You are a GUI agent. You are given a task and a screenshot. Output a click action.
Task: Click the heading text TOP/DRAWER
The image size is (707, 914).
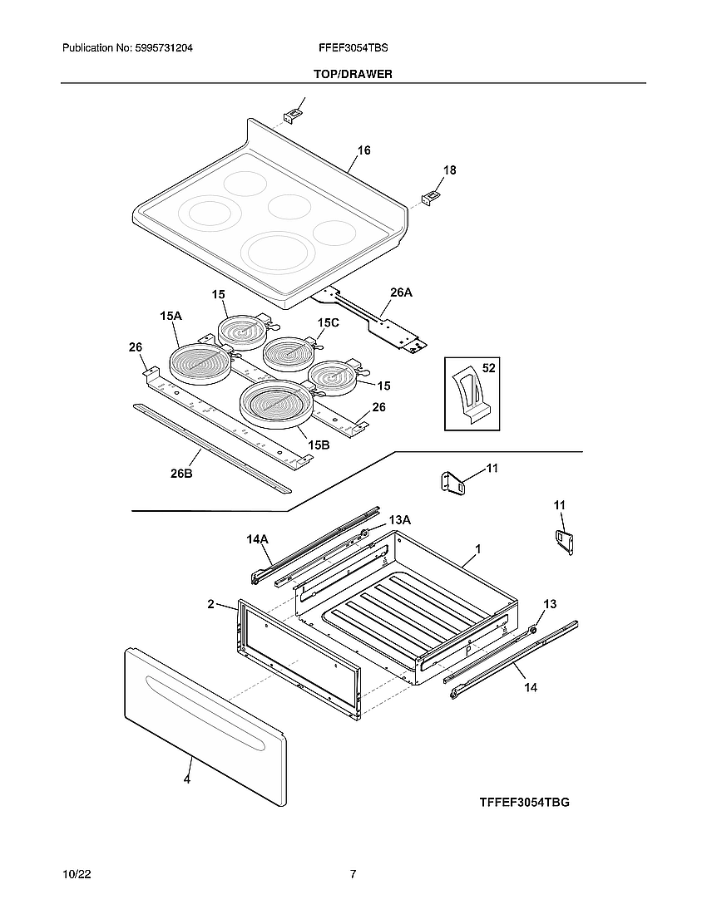(353, 74)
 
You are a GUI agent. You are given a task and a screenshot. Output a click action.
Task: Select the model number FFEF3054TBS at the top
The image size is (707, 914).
(353, 49)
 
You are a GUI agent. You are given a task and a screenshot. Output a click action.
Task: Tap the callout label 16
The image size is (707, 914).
(364, 150)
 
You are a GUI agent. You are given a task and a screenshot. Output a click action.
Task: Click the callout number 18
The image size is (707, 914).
(449, 170)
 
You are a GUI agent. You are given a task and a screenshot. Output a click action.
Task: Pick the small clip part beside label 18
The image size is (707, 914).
(431, 198)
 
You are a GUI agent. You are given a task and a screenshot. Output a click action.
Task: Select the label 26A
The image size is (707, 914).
(401, 292)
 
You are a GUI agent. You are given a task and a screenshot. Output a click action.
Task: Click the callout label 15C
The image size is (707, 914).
(328, 322)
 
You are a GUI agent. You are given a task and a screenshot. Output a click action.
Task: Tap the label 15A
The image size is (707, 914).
(171, 316)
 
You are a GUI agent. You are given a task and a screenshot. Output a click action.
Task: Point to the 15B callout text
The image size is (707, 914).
(319, 445)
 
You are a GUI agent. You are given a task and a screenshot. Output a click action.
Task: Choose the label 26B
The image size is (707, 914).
(181, 474)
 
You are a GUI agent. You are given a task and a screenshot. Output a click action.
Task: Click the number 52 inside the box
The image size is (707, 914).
(488, 366)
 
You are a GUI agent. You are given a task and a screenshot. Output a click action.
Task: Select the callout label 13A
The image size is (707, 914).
(400, 519)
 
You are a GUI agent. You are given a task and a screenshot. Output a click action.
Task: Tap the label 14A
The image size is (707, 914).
(257, 539)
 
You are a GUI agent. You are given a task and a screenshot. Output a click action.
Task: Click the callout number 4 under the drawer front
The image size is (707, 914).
(187, 779)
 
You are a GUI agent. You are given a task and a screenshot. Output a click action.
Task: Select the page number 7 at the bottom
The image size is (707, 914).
(353, 874)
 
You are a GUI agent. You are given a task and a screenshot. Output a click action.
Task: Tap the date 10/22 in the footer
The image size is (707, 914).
(76, 874)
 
